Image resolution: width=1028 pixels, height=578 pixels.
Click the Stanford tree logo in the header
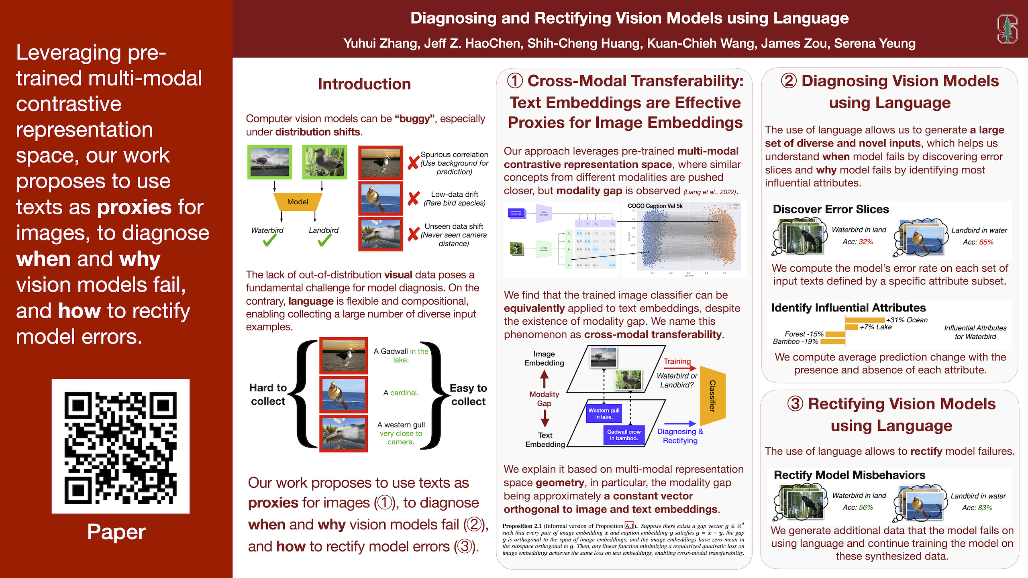pyautogui.click(x=1007, y=29)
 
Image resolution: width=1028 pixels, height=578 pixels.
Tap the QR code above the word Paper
pyautogui.click(x=120, y=446)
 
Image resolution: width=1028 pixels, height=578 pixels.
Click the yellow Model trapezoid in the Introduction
pyautogui.click(x=298, y=202)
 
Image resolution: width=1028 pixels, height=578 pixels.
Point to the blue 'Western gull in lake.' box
pyautogui.click(x=604, y=413)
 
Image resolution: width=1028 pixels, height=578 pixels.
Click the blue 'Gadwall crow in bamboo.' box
pyautogui.click(x=624, y=435)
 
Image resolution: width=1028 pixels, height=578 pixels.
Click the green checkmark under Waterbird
pyautogui.click(x=269, y=240)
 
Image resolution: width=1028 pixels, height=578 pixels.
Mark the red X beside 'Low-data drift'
pyautogui.click(x=413, y=198)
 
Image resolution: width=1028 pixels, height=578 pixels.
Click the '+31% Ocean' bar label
pyautogui.click(x=907, y=320)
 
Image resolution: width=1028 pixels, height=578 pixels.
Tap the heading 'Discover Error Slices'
pyautogui.click(x=830, y=209)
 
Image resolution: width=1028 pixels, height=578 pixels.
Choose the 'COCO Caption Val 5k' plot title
pyautogui.click(x=655, y=206)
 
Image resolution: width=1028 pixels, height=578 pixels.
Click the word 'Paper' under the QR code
pyautogui.click(x=116, y=532)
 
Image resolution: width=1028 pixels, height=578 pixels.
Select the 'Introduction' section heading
pyautogui.click(x=364, y=84)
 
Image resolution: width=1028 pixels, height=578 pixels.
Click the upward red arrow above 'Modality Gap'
pyautogui.click(x=544, y=379)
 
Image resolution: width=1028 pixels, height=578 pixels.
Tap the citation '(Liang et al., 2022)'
pyautogui.click(x=710, y=192)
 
